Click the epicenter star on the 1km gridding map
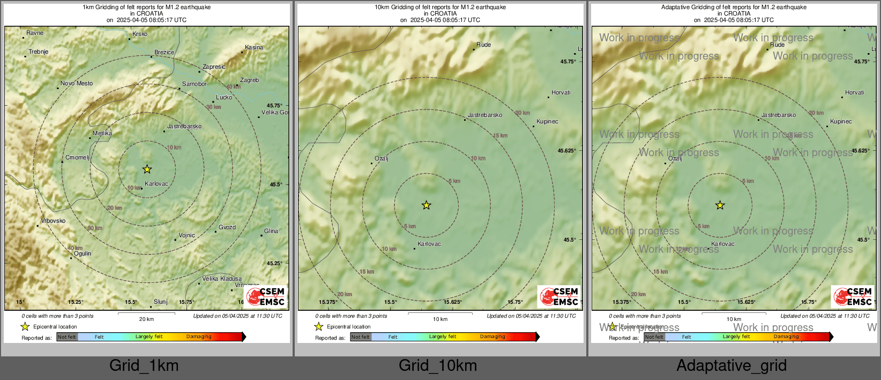pos(147,170)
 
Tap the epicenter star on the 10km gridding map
pos(426,205)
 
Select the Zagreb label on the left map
pos(249,81)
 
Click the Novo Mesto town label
pos(77,84)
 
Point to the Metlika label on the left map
pos(102,134)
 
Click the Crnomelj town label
pos(77,158)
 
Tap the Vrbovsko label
pos(53,221)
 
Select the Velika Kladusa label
pos(222,279)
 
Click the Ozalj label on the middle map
pos(381,159)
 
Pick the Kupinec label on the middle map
pos(547,122)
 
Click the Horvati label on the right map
pos(854,93)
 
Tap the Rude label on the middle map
pos(483,45)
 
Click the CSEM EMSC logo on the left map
pos(266,296)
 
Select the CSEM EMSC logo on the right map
pos(854,296)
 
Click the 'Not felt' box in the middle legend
pos(361,337)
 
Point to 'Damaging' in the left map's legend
pos(199,337)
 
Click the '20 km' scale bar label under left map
pos(146,319)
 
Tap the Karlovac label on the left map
pos(156,184)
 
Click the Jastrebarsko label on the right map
pos(778,115)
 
